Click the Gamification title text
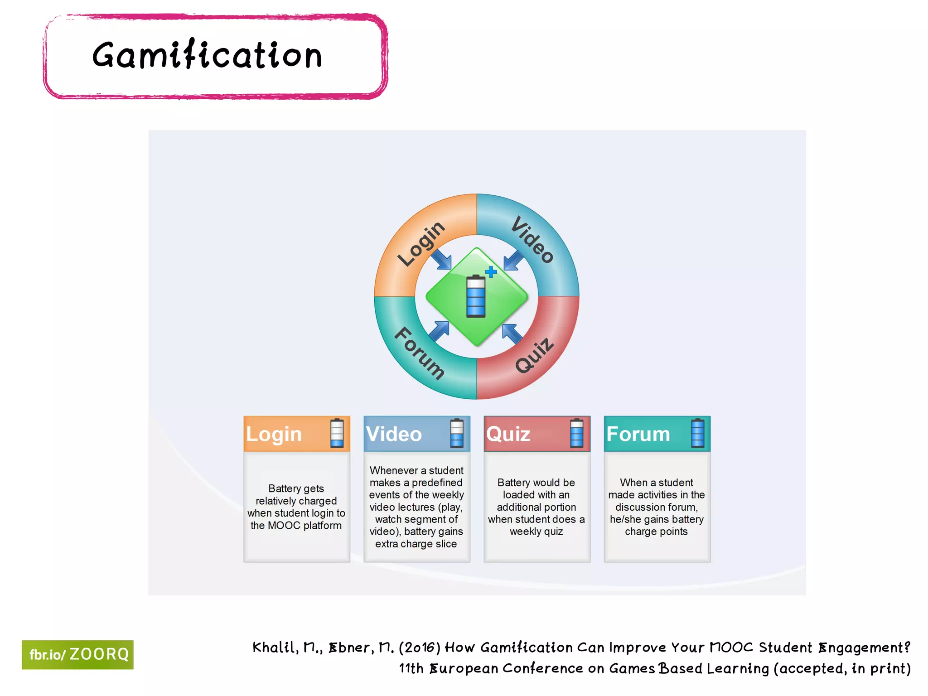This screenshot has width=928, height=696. click(207, 55)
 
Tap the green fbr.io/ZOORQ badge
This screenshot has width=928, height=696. click(77, 654)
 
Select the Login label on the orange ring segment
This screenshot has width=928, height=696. click(421, 243)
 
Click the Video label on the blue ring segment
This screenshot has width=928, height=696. click(532, 240)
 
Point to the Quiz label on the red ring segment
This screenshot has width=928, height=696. click(535, 356)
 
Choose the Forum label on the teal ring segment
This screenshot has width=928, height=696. click(419, 353)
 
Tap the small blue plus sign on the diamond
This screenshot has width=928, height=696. click(491, 272)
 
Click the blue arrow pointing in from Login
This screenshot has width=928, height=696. click(441, 260)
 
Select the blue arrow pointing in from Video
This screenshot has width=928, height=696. click(513, 261)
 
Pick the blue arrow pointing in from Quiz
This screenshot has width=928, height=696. click(512, 333)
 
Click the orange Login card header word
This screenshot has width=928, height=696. click(274, 434)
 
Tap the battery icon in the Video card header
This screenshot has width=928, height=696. click(457, 433)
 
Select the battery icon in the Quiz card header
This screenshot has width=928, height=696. click(576, 433)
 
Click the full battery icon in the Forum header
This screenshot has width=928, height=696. click(697, 433)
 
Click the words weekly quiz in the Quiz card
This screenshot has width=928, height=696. click(536, 532)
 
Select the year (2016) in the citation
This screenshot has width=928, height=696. click(420, 648)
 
